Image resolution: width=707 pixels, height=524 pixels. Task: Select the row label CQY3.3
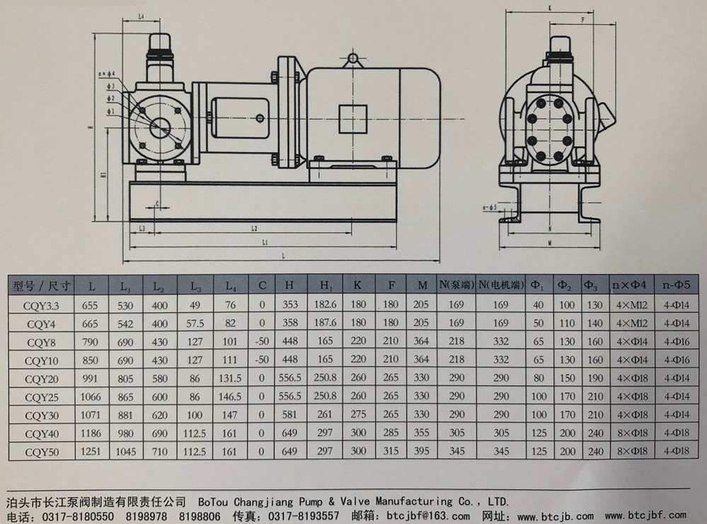(40, 304)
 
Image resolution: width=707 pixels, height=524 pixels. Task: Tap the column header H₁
(326, 286)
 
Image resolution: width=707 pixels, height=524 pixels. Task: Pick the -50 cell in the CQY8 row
(263, 341)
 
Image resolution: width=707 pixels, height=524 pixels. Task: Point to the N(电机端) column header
(500, 285)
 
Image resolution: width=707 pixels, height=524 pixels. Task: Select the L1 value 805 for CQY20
(126, 378)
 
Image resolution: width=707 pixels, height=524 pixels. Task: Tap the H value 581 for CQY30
(290, 415)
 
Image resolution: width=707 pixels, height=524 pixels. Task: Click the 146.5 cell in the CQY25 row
(231, 397)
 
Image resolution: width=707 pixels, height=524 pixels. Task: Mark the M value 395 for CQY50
(423, 451)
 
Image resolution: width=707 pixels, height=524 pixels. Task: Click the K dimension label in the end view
(550, 8)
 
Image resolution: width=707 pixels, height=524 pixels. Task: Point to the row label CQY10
(40, 360)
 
